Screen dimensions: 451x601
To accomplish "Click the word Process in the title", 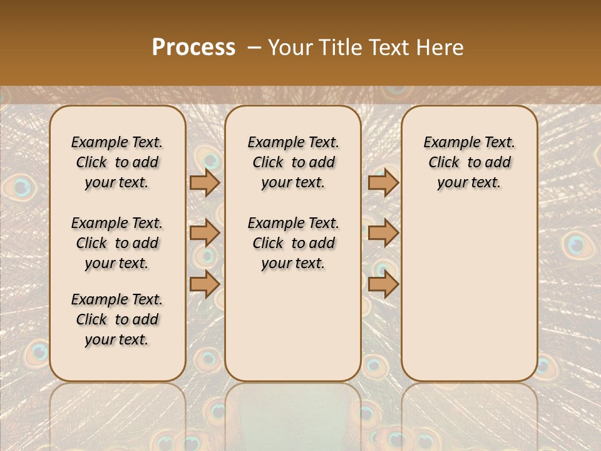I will (x=193, y=48).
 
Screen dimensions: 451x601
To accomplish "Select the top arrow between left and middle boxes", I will (x=205, y=182).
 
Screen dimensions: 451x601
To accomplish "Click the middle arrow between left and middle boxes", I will (x=205, y=233).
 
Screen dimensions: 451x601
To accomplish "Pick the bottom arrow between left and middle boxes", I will (x=205, y=284).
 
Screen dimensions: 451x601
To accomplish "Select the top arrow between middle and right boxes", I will (x=383, y=182).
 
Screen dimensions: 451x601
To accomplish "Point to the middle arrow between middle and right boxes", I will (x=383, y=233).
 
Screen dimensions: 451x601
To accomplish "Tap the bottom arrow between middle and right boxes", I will (x=383, y=284).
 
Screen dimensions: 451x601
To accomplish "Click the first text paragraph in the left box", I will (x=117, y=162).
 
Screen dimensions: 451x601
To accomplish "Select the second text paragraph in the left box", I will (x=117, y=243).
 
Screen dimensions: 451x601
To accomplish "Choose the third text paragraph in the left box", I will (x=117, y=319).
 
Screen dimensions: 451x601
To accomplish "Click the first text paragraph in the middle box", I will (x=293, y=162).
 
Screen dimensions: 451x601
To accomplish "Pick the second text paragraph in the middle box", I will (x=293, y=243).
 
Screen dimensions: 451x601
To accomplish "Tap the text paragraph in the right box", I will (x=469, y=162).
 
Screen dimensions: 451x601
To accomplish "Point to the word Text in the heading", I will (x=390, y=48).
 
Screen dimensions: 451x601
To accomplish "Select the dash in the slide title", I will (x=254, y=48).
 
